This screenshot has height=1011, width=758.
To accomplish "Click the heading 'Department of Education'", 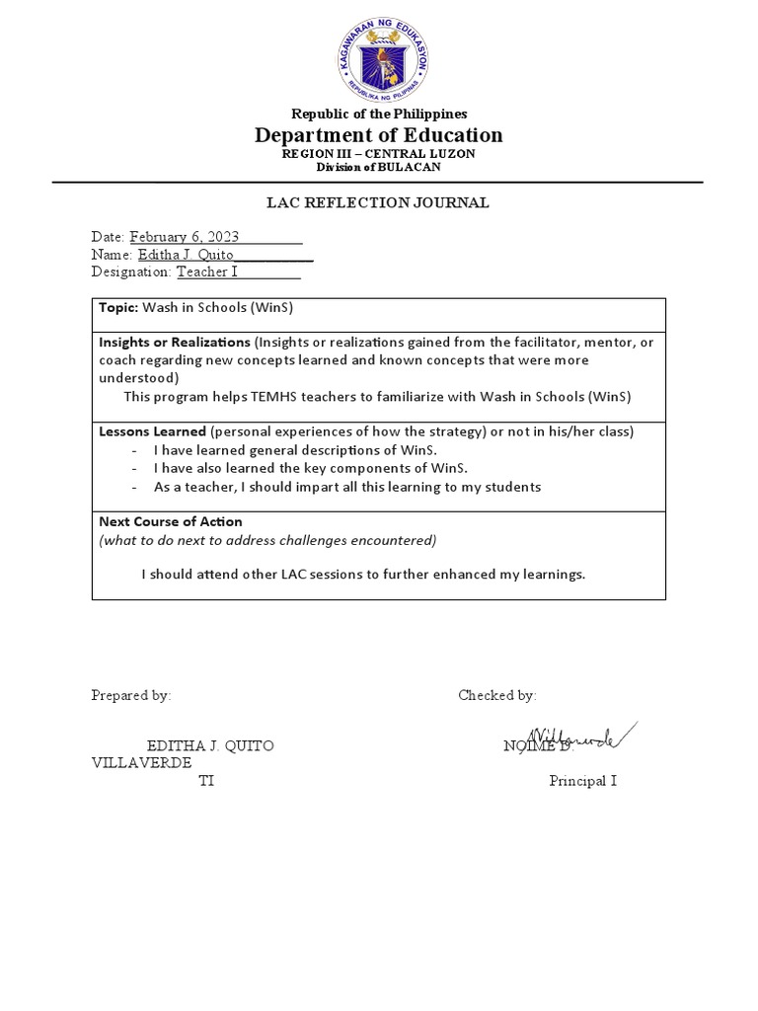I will coord(378,135).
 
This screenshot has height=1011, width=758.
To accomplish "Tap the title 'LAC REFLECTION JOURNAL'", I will coord(378,203).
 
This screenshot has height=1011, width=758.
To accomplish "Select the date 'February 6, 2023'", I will coord(185,237).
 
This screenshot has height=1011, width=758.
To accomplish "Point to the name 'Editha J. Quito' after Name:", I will coord(186,255).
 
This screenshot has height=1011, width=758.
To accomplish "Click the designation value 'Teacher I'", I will coord(212,272).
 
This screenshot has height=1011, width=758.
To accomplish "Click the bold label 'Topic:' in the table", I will coord(119,308).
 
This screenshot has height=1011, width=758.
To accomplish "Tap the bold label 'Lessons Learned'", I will coord(152,431).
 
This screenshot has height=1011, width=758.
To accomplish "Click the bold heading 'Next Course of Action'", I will coord(170,521).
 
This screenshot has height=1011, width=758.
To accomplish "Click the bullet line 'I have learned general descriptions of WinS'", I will coord(295,449).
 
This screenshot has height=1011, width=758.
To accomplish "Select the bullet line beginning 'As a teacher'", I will coord(346,487).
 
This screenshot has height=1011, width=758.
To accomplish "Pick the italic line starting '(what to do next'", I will coord(266,540).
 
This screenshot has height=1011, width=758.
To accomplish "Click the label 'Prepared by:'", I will coord(131,695).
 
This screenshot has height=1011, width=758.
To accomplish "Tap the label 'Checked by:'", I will coord(496,695).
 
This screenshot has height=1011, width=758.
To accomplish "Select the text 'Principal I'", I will coord(582,781).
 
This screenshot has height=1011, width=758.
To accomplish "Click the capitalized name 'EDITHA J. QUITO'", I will coord(210,746).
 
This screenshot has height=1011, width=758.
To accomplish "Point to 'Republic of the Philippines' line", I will coord(378,114).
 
